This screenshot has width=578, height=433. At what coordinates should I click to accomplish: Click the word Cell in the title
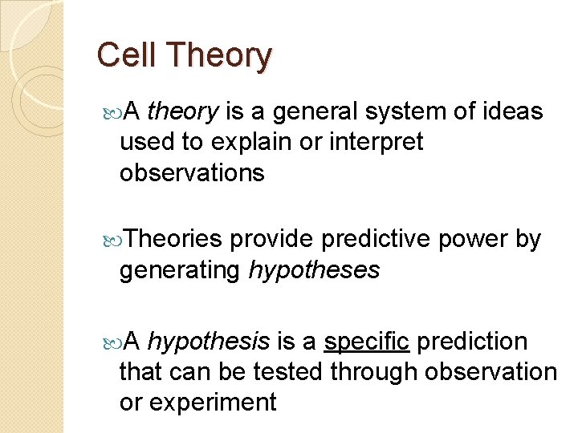(x=122, y=55)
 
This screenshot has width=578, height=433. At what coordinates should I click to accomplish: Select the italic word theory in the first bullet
(x=184, y=112)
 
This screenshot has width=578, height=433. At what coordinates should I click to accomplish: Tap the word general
(x=314, y=112)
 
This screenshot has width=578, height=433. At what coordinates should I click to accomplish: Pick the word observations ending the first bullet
(x=191, y=172)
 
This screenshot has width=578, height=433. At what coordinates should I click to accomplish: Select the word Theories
(x=173, y=239)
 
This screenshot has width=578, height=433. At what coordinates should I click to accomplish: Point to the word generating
(x=179, y=270)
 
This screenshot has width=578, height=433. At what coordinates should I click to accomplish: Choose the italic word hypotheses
(x=314, y=270)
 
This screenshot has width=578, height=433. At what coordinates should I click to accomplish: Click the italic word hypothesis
(x=209, y=342)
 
